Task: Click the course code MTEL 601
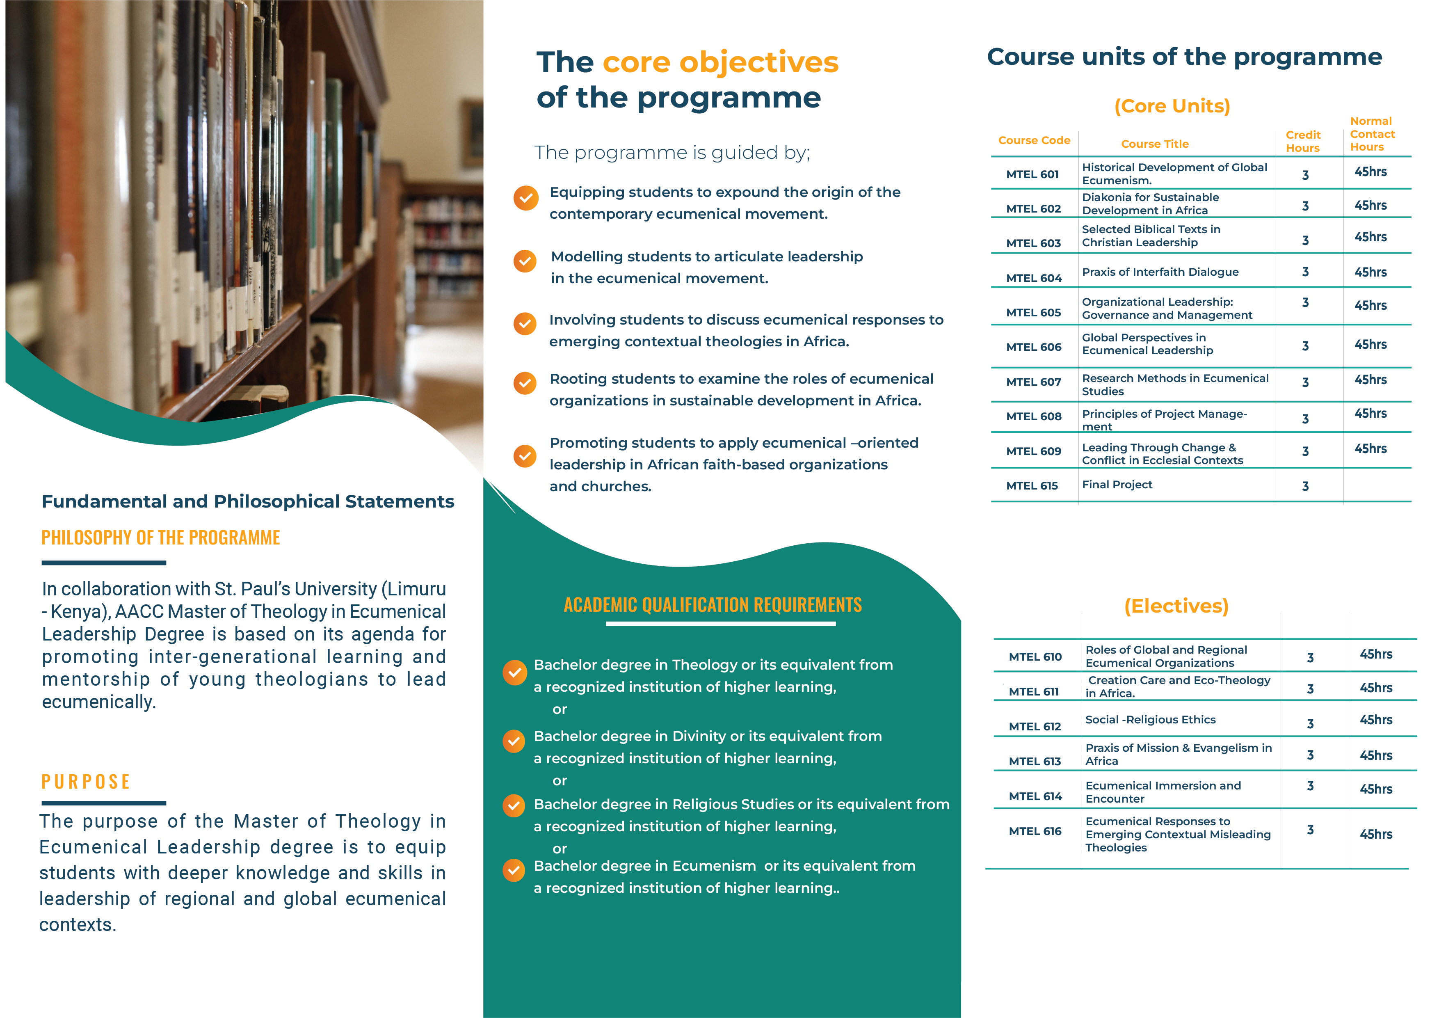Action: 1032,174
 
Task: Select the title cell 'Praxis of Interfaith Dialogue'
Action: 1160,272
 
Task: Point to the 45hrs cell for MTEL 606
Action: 1370,345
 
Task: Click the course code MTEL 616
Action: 1035,831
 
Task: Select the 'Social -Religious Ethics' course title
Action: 1150,720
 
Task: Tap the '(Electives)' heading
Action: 1176,606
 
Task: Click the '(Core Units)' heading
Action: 1172,106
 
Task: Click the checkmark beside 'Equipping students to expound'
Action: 526,198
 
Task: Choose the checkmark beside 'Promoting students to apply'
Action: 525,456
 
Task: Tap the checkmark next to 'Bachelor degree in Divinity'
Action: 514,741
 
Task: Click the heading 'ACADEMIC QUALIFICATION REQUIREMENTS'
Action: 713,605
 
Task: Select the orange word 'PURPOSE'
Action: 86,782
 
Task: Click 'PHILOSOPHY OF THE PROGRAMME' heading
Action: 160,538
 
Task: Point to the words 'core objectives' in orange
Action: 720,62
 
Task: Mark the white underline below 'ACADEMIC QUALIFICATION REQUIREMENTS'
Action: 720,624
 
